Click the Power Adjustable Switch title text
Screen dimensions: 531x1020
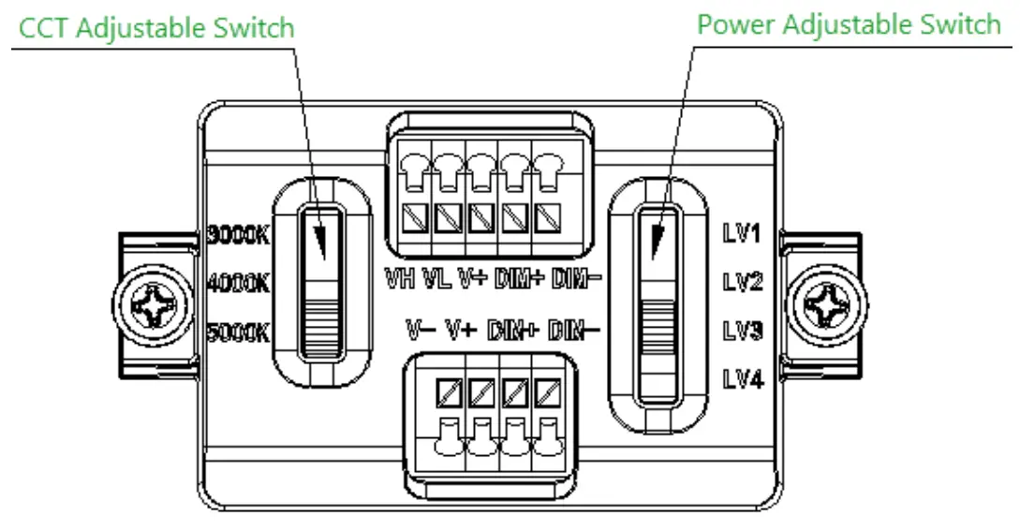(849, 23)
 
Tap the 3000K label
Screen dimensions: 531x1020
(237, 234)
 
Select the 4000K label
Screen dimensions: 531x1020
(237, 283)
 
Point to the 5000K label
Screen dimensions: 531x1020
(237, 331)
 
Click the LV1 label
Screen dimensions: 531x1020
(742, 233)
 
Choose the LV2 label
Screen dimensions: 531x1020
(742, 282)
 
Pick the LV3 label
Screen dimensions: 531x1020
(742, 331)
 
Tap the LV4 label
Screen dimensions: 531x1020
(742, 378)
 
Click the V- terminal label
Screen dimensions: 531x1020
(420, 330)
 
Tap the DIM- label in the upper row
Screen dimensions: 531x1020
(574, 278)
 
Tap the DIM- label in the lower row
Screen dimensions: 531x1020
(572, 330)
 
